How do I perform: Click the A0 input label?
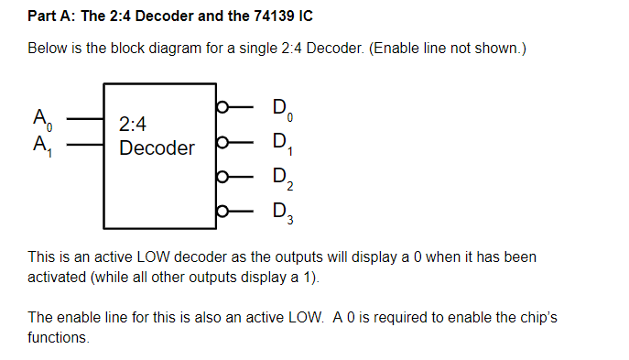point(42,120)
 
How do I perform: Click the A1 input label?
point(42,146)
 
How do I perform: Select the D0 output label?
point(283,110)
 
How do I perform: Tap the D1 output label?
point(283,145)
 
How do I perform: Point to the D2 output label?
point(283,179)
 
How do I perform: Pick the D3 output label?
point(283,213)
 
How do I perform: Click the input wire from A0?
point(85,119)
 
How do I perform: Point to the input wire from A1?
point(85,144)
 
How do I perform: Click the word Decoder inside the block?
point(157,148)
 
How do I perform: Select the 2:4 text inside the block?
point(133,124)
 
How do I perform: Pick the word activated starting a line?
point(57,278)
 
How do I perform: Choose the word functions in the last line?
point(59,337)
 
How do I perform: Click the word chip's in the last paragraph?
point(538,318)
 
